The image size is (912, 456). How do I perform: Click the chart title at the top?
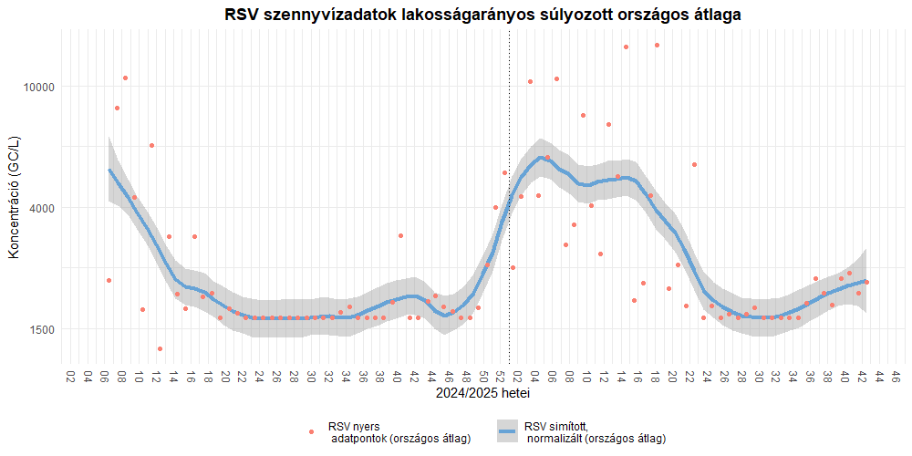coord(482,15)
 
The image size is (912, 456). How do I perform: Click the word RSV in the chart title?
coord(244,15)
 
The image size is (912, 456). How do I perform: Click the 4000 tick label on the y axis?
coord(42,208)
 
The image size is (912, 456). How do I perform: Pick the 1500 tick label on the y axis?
coord(42,329)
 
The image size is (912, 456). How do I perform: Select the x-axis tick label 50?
coord(482,376)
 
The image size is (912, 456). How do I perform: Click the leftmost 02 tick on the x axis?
coord(70,376)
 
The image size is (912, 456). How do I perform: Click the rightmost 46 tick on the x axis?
coord(896,376)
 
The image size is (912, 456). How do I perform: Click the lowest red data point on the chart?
coord(160,348)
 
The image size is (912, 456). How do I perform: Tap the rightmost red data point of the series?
coord(866,282)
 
